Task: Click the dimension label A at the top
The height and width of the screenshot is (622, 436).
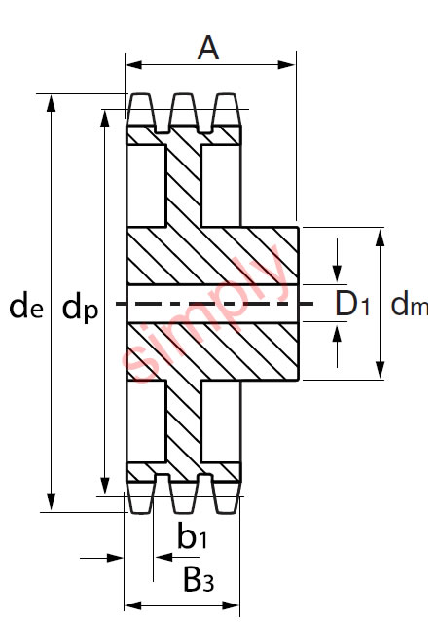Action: point(208,47)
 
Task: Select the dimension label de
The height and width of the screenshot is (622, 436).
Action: point(24,307)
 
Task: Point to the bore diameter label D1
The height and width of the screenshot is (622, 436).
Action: point(354,304)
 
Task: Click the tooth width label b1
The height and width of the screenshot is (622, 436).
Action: point(192,535)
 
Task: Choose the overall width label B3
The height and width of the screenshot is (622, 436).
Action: point(199,580)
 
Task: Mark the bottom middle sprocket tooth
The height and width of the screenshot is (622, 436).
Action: point(184,496)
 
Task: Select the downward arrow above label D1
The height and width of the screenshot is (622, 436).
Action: point(338,274)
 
